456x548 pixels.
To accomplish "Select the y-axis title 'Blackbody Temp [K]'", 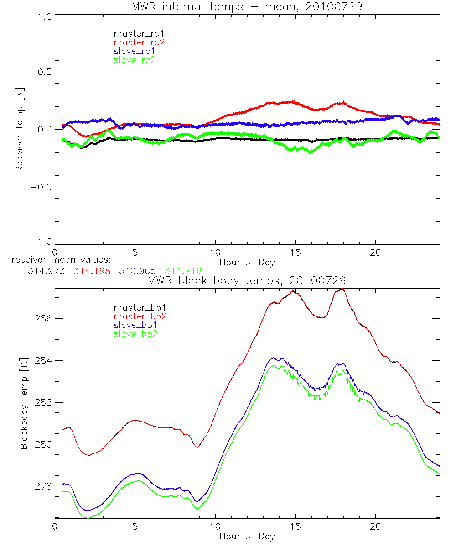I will pos(24,403).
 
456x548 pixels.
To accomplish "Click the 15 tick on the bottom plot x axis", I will pos(295,527).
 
